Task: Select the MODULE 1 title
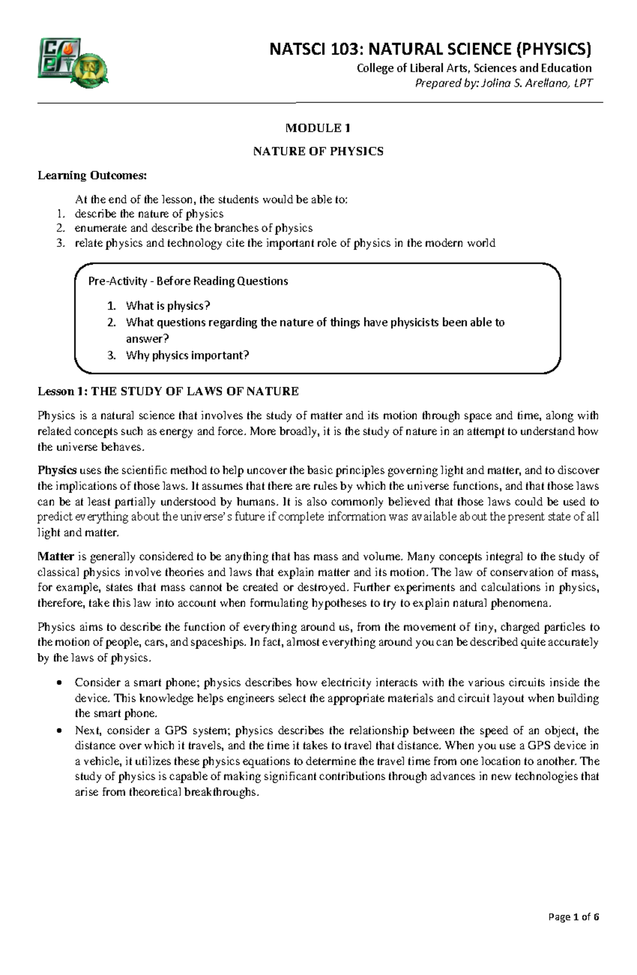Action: [318, 128]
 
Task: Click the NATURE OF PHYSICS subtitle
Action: [318, 151]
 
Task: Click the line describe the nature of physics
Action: [149, 214]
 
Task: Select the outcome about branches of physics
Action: [194, 228]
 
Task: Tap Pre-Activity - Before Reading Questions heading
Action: [188, 281]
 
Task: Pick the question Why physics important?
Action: [187, 355]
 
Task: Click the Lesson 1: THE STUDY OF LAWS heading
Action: [168, 392]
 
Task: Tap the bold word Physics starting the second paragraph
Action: [57, 470]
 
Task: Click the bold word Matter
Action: [56, 557]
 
